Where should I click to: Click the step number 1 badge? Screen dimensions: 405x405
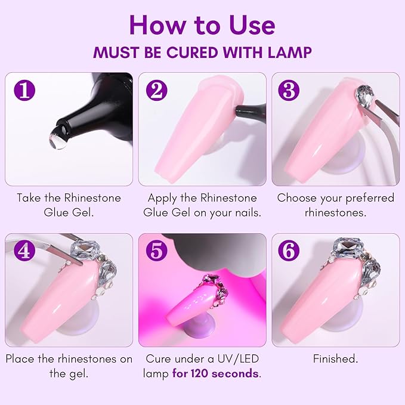24,91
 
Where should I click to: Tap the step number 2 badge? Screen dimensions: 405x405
157,91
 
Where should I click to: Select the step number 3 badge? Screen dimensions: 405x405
290,91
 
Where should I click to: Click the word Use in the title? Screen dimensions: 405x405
248,25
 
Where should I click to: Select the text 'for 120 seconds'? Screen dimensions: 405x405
216,374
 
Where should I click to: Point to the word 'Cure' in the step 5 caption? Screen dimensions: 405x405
160,359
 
